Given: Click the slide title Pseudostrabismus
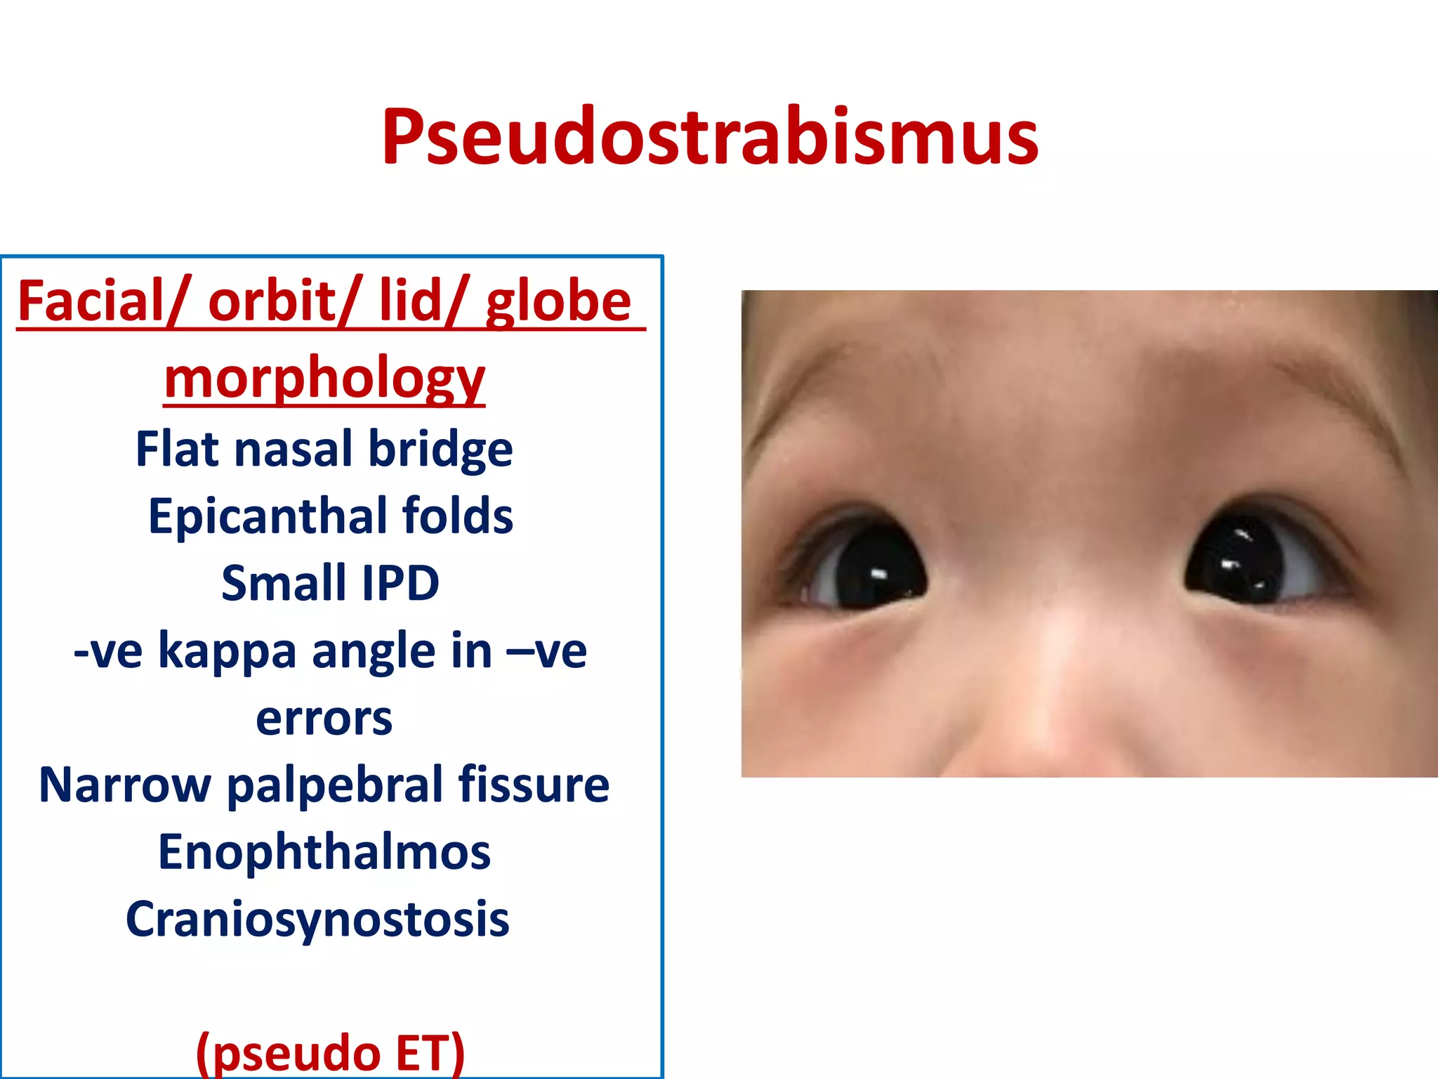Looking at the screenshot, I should coord(709,137).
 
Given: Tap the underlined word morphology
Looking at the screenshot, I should coord(324,377).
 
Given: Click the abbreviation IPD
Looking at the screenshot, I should coord(400,583).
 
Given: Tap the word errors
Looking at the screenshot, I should coord(324,718).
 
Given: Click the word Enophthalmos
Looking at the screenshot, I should coord(324,852).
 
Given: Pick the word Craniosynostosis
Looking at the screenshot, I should coord(317,920).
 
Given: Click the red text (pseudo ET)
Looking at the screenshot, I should coord(330,1052).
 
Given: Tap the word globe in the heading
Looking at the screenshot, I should coord(559,302).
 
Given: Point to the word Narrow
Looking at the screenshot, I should coord(124,785).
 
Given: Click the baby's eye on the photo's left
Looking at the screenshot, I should coord(867,565).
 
